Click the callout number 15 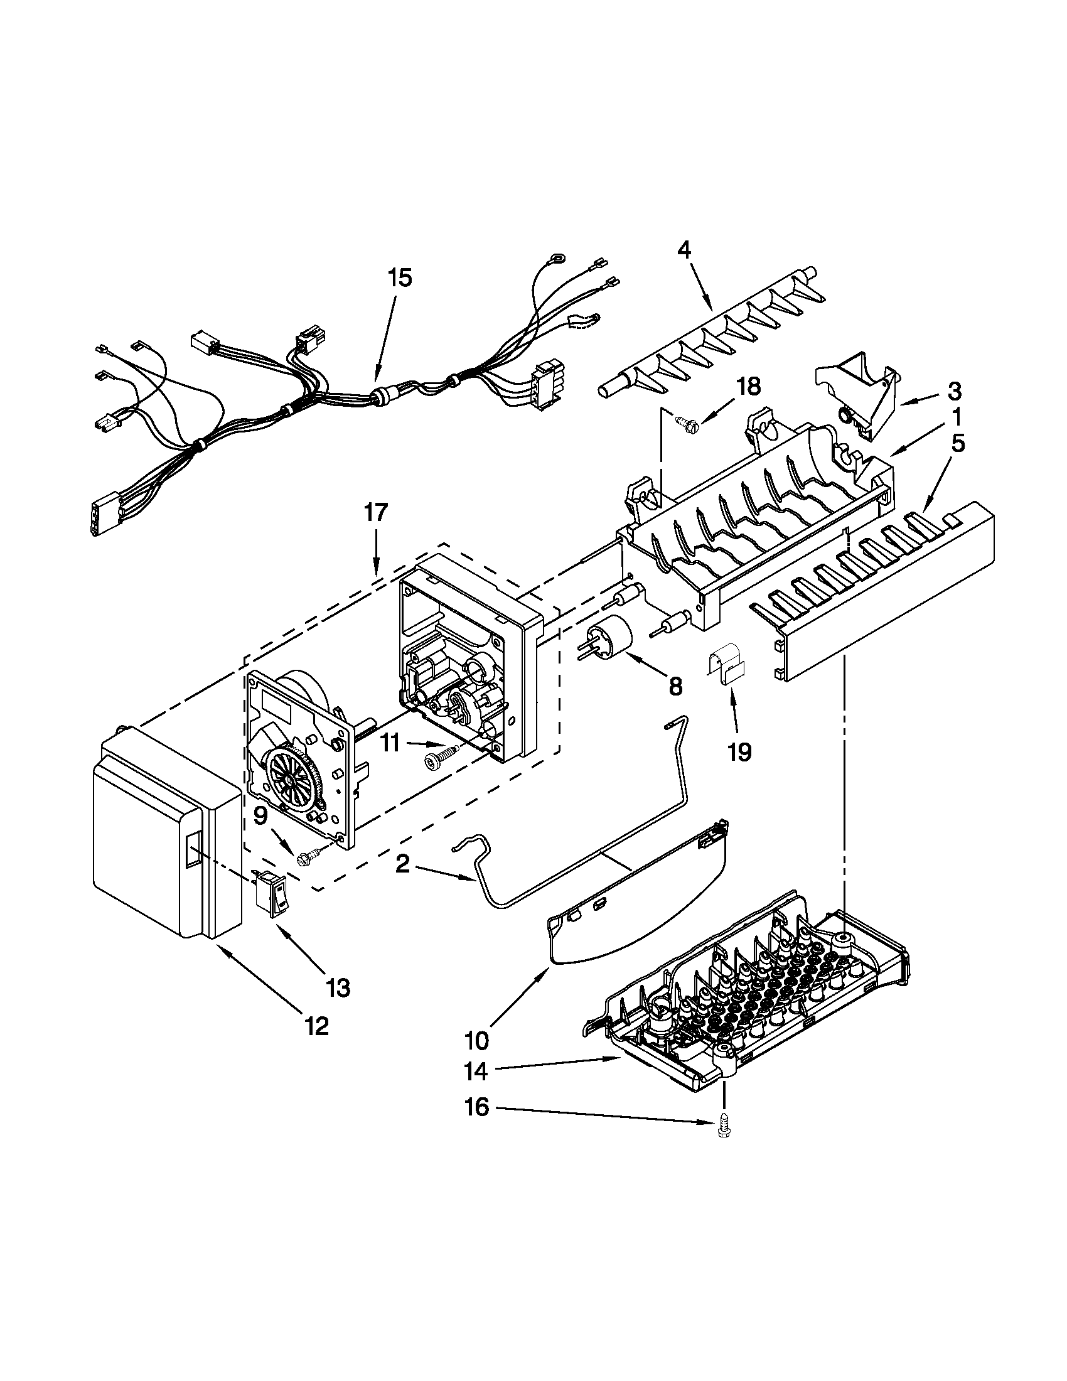(399, 277)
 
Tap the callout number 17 (375, 512)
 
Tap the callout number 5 (958, 444)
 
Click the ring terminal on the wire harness (557, 258)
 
